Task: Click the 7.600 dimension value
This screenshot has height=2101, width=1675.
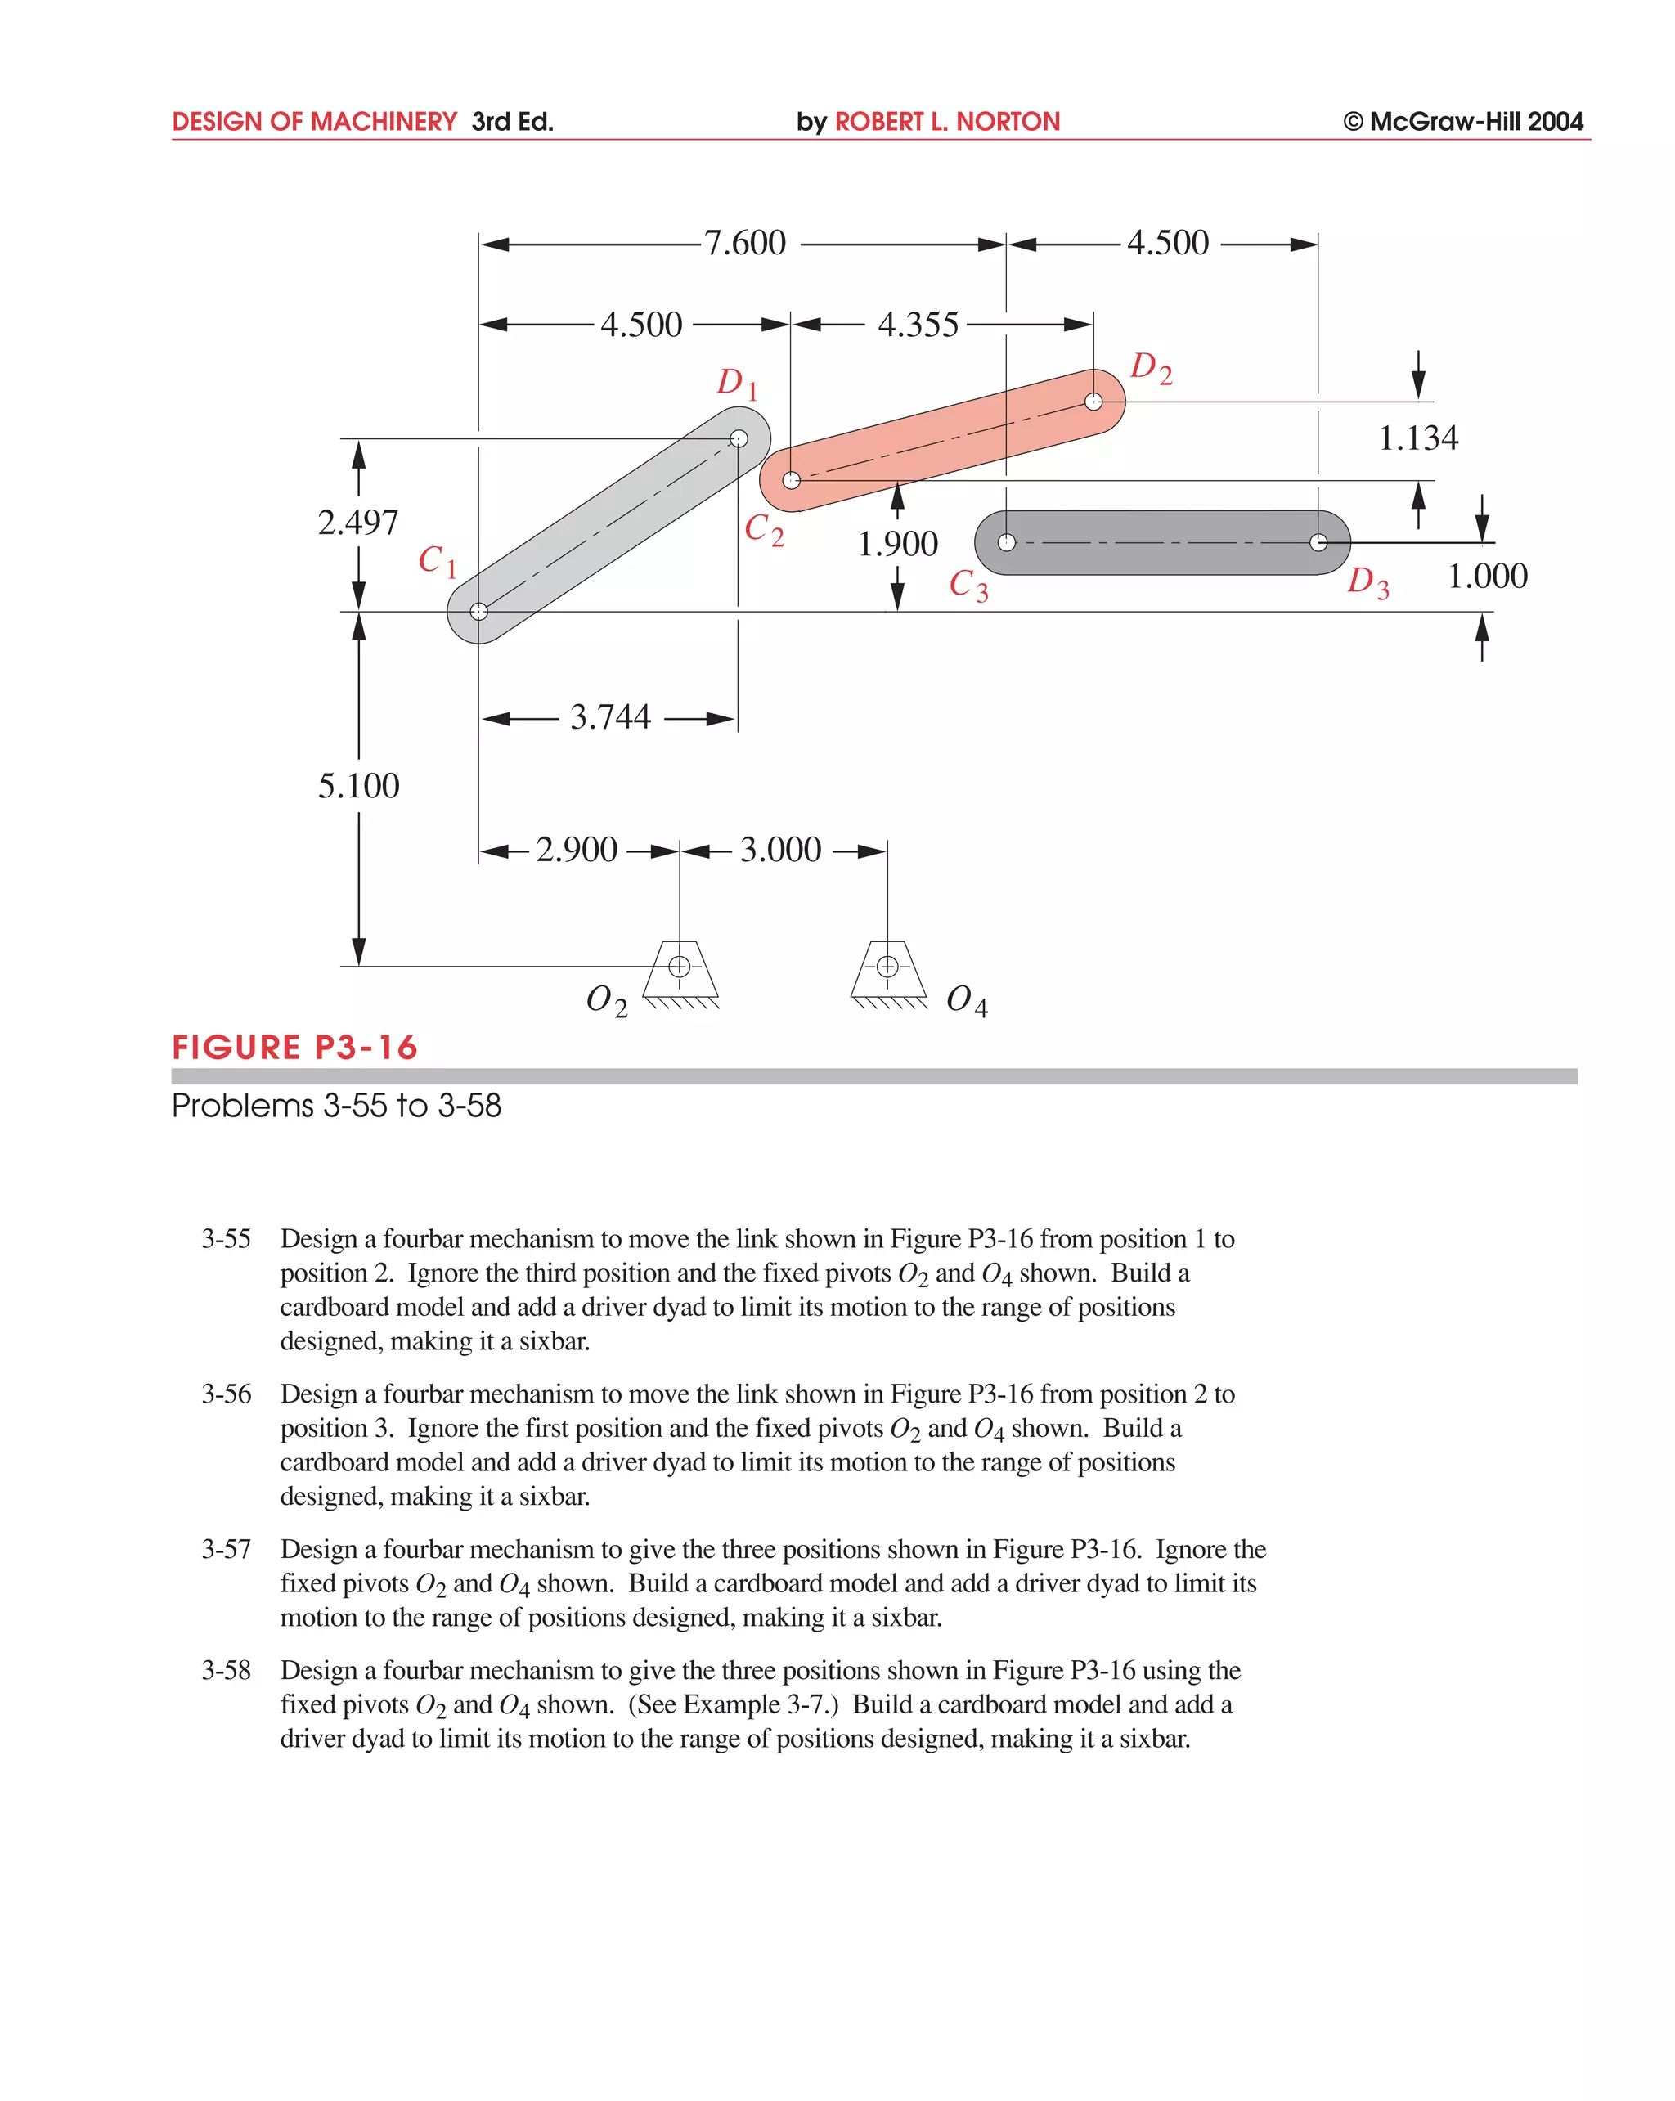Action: click(x=744, y=243)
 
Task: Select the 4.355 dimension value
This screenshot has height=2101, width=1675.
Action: click(x=918, y=325)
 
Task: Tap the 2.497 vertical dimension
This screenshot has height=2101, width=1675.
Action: click(x=357, y=523)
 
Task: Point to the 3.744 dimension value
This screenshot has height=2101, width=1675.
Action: click(x=610, y=717)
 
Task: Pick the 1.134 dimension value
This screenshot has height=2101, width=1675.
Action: click(x=1417, y=438)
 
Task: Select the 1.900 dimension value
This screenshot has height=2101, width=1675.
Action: click(x=897, y=544)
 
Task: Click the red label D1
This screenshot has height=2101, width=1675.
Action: click(x=737, y=383)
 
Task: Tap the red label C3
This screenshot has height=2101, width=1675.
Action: click(x=968, y=585)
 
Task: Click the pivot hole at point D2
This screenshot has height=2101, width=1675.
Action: click(x=1093, y=402)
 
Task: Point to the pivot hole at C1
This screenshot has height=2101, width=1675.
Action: click(x=478, y=612)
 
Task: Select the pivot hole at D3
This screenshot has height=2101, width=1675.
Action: click(x=1318, y=543)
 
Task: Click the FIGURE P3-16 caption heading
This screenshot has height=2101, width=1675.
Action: click(x=294, y=1048)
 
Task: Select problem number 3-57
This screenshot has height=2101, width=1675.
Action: click(x=226, y=1550)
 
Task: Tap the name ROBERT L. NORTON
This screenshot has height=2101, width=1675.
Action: click(x=946, y=122)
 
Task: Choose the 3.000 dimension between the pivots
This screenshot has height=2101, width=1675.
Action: click(x=780, y=850)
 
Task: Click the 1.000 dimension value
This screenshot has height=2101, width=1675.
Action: click(x=1487, y=576)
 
